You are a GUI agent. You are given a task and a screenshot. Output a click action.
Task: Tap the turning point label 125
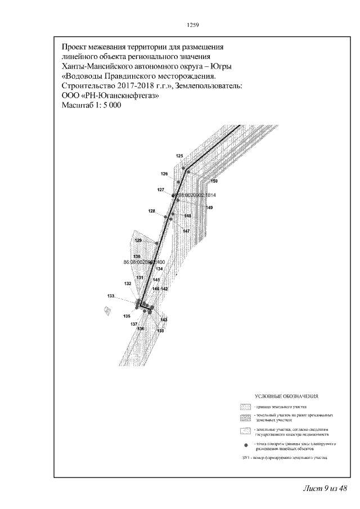click(179, 156)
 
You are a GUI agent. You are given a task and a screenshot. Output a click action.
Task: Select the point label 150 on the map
click(214, 181)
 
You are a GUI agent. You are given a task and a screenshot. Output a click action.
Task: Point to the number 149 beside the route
click(209, 208)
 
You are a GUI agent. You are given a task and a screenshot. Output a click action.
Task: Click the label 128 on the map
click(152, 211)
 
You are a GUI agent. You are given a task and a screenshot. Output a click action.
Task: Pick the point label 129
click(138, 241)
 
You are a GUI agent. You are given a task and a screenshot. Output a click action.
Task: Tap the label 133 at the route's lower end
click(111, 296)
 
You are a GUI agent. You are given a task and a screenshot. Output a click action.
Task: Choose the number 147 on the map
click(186, 231)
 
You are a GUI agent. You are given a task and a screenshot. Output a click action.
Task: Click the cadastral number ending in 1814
click(194, 195)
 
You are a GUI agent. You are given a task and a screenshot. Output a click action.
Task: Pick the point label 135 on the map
click(127, 316)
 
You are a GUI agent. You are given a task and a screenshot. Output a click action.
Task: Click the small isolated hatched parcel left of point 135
click(107, 309)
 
